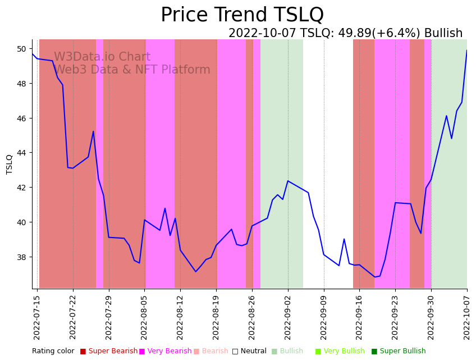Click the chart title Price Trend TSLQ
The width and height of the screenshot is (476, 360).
pos(242,15)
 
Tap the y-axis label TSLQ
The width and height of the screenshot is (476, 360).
pos(10,164)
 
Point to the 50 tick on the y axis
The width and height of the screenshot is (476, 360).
pos(22,49)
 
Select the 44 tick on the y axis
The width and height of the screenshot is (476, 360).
pos(22,153)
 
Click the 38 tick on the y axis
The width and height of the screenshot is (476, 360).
pos(22,257)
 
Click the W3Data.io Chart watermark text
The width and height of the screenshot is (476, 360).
pos(102,57)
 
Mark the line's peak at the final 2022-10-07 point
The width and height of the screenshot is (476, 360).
pos(466,51)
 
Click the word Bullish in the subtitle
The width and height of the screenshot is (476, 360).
pos(443,34)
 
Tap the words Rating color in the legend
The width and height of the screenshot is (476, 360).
pos(53,352)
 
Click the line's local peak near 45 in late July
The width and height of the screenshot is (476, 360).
pos(93,131)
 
